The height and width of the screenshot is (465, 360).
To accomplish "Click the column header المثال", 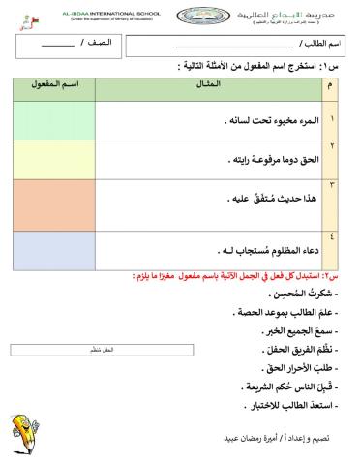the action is click(x=207, y=87).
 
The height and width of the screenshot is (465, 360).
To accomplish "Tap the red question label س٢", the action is click(x=344, y=274).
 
